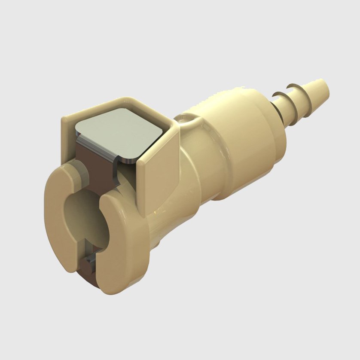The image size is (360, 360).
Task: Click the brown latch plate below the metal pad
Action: (92, 165)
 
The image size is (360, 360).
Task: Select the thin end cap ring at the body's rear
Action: (275, 129)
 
